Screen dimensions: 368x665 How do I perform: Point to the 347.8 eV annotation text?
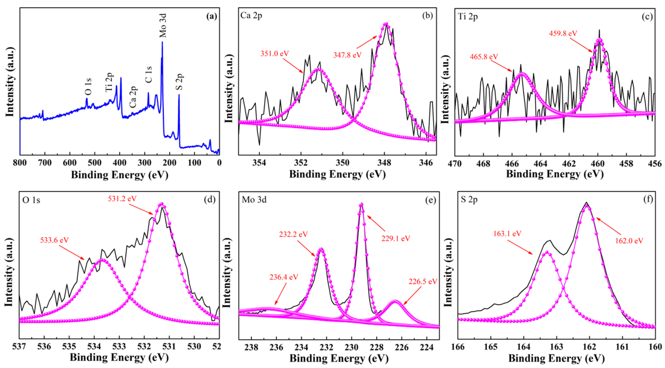coord(347,55)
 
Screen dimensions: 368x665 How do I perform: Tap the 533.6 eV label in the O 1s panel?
coord(54,240)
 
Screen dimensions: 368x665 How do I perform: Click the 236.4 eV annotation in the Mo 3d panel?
coord(284,277)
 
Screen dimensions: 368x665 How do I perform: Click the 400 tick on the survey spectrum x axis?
coord(120,163)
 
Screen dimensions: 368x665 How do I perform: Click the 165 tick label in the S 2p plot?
coord(491,347)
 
